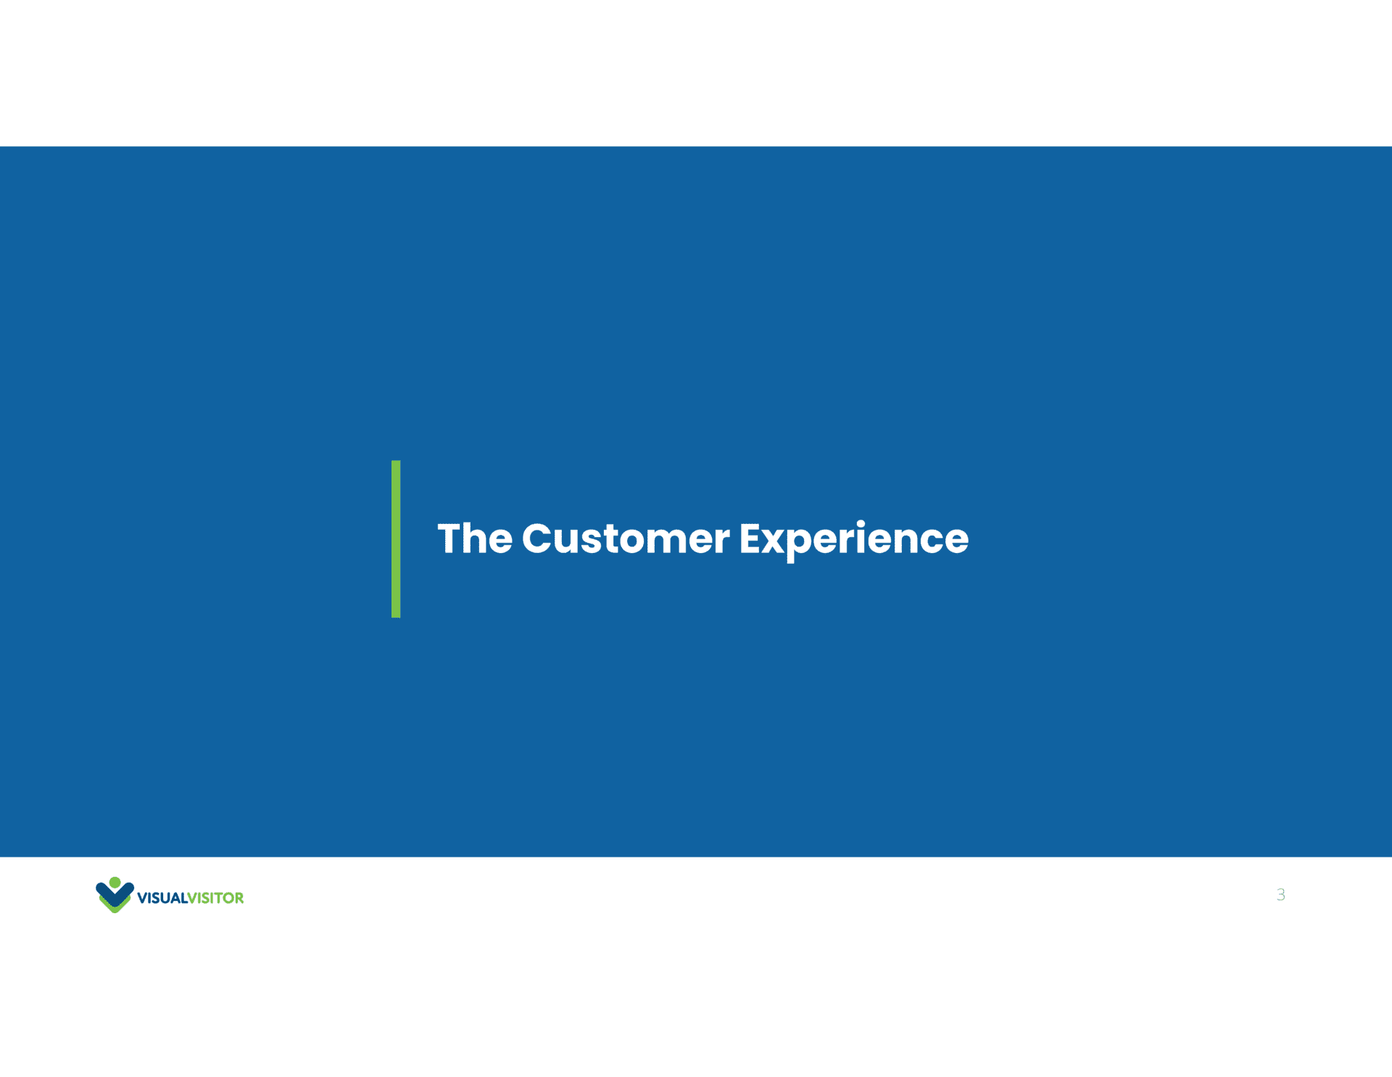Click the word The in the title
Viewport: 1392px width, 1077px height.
475,538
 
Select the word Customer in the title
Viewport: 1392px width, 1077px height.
626,538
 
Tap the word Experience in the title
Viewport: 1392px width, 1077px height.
854,541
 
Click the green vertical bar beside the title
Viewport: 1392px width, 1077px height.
396,538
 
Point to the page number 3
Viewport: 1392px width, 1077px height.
1281,894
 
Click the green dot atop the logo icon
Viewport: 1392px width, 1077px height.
115,882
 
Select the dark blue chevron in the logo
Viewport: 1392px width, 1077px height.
115,895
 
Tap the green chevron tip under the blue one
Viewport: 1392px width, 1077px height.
115,909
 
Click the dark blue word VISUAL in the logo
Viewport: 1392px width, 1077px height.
162,898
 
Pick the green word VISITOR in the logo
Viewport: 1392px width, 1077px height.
216,898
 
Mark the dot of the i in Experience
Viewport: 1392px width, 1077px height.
861,523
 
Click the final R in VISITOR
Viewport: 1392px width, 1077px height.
239,898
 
